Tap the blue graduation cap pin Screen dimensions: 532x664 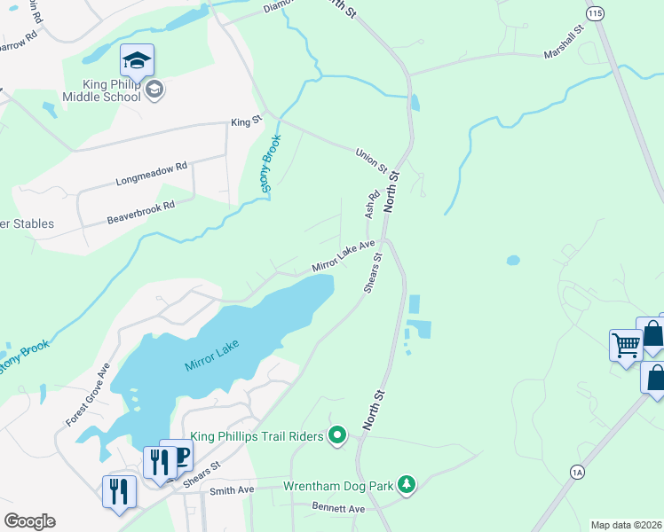click(x=137, y=60)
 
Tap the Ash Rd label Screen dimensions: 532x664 click(x=372, y=204)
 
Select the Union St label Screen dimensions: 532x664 click(x=372, y=160)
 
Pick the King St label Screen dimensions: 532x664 click(x=247, y=122)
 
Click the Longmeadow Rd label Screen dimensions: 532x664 click(x=152, y=173)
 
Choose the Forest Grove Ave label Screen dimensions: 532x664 click(x=87, y=395)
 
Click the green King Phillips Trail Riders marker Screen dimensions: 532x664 click(x=336, y=434)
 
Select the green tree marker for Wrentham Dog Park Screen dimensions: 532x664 click(x=406, y=484)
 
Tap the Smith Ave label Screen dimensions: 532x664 click(x=232, y=489)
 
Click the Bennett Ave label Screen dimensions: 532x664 click(x=338, y=509)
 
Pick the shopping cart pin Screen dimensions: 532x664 click(x=625, y=344)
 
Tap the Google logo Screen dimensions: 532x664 click(x=29, y=520)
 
